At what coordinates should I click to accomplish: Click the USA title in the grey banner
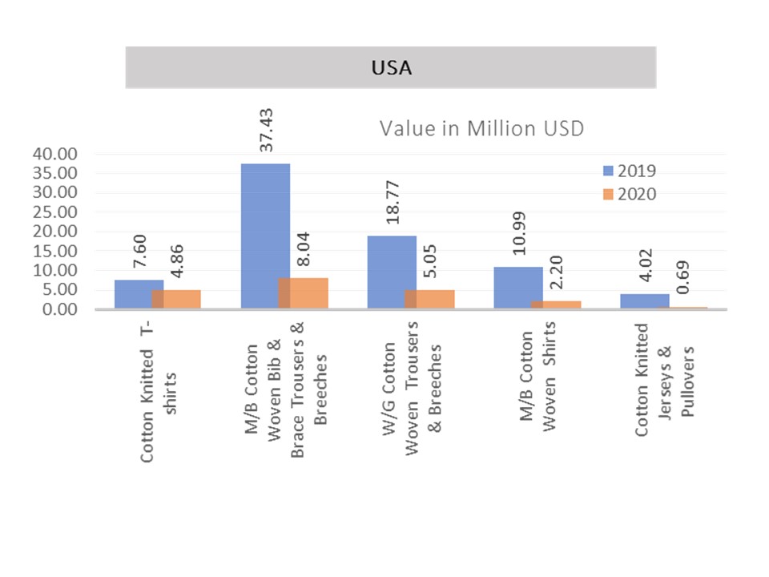[391, 68]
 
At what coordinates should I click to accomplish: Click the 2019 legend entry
[630, 170]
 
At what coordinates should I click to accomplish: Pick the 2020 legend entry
[630, 193]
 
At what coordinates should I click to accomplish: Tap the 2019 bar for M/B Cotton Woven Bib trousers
[264, 236]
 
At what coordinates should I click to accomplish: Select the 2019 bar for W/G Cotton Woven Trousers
[391, 272]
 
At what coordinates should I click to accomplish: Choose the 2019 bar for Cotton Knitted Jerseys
[644, 301]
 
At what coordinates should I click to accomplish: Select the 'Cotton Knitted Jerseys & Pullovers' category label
[665, 380]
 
